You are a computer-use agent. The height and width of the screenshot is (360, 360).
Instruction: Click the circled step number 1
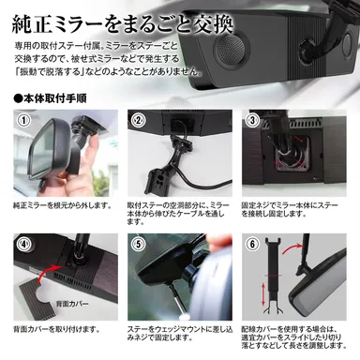click(21, 121)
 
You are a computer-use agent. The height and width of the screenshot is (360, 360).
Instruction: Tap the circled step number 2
click(138, 121)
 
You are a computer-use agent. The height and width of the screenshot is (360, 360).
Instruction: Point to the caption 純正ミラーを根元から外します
click(59, 202)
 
